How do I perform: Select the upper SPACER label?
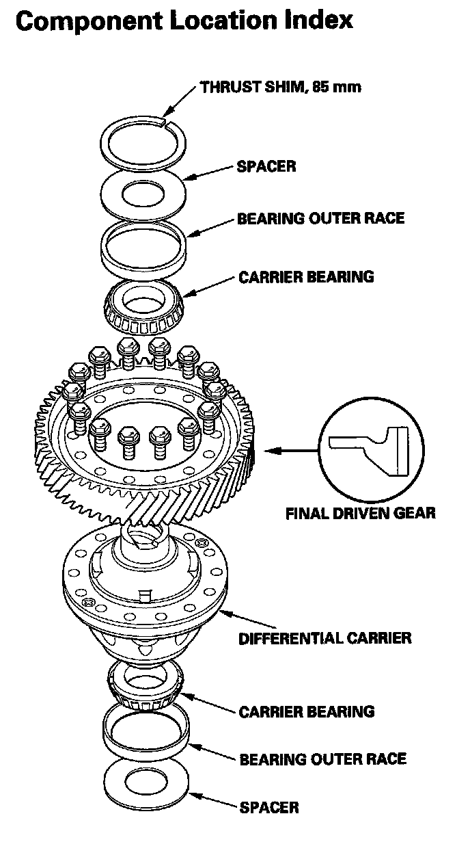tap(266, 166)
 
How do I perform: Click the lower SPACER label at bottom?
tap(269, 807)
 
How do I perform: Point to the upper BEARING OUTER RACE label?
tap(320, 219)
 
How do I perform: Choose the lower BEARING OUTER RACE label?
tap(322, 759)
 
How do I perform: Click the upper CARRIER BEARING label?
tap(306, 277)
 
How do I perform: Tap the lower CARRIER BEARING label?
tap(307, 711)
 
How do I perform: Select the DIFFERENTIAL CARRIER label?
tap(324, 638)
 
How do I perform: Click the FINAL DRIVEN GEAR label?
tap(360, 512)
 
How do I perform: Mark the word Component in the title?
tap(85, 21)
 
